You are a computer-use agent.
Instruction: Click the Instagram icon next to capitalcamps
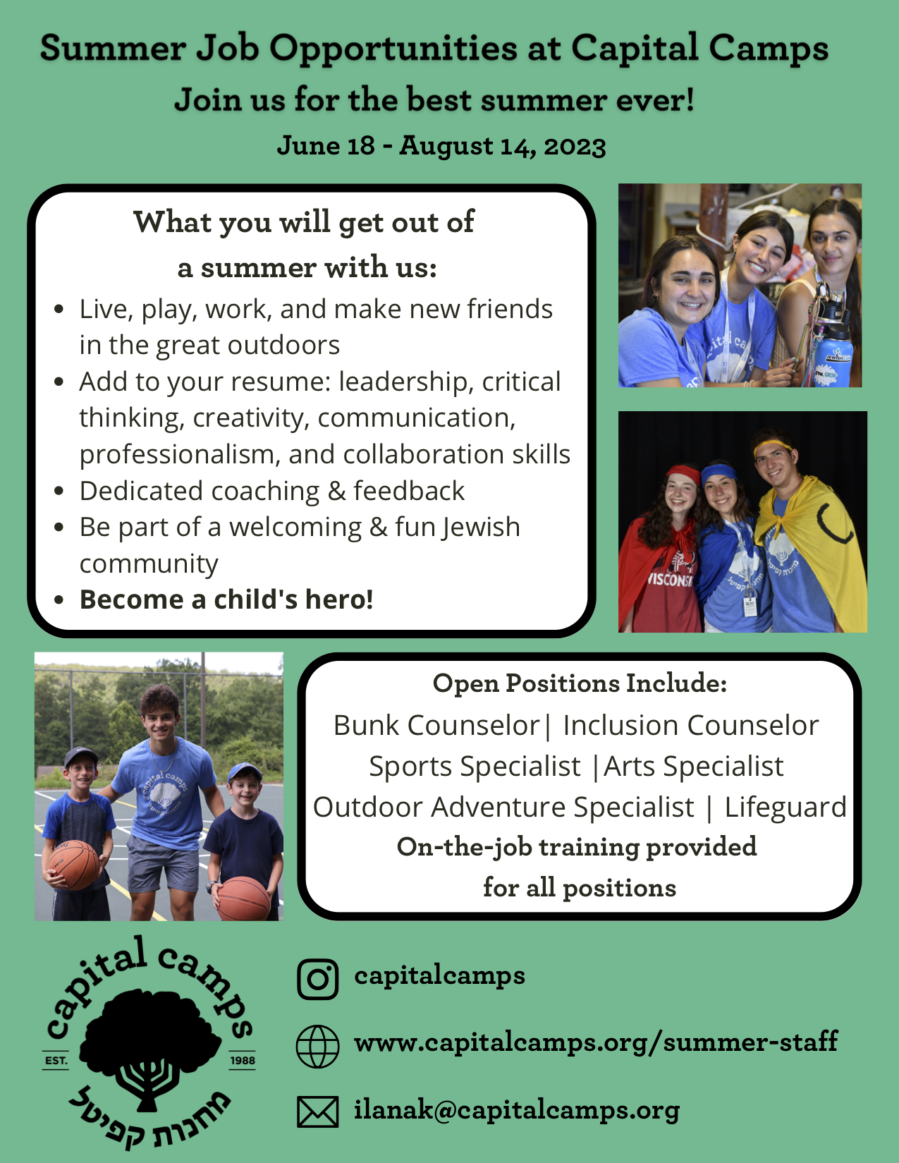click(318, 979)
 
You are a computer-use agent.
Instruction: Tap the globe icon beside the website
click(318, 1047)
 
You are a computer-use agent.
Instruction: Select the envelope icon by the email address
click(318, 1112)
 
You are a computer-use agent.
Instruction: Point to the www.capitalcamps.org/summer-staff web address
click(596, 1042)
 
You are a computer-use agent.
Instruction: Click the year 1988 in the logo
click(243, 1060)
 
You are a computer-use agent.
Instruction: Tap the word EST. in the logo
click(56, 1060)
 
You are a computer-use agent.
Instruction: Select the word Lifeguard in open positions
click(785, 807)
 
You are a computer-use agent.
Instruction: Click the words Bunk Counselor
click(436, 726)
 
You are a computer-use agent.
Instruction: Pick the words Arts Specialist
click(694, 767)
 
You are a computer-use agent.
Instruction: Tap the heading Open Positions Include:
click(580, 683)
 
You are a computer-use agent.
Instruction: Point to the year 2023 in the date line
click(575, 146)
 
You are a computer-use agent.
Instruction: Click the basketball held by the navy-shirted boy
click(243, 899)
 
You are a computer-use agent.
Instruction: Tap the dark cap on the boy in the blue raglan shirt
click(80, 757)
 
